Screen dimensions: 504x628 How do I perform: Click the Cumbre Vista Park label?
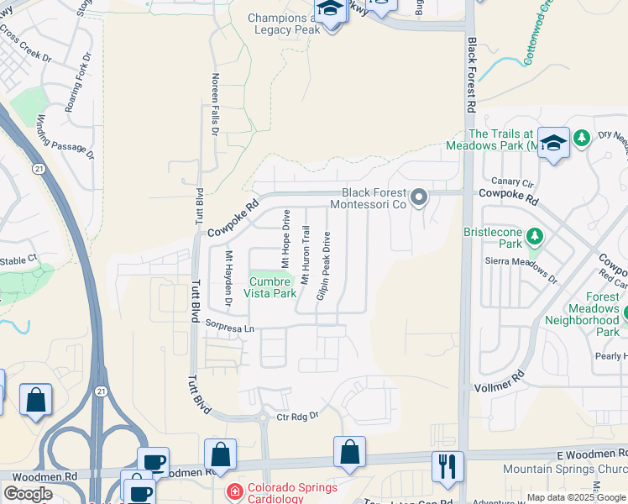click(270, 287)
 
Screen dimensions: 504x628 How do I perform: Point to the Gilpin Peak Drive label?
click(323, 266)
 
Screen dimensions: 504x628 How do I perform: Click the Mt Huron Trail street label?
click(306, 260)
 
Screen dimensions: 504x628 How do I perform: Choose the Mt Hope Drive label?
click(285, 239)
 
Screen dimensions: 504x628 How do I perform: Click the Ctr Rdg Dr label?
click(299, 415)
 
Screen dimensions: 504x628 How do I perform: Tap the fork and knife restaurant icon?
click(447, 466)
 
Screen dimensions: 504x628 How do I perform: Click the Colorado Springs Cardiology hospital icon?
click(236, 490)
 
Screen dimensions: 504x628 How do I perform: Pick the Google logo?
click(27, 493)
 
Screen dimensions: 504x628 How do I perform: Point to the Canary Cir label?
click(512, 181)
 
